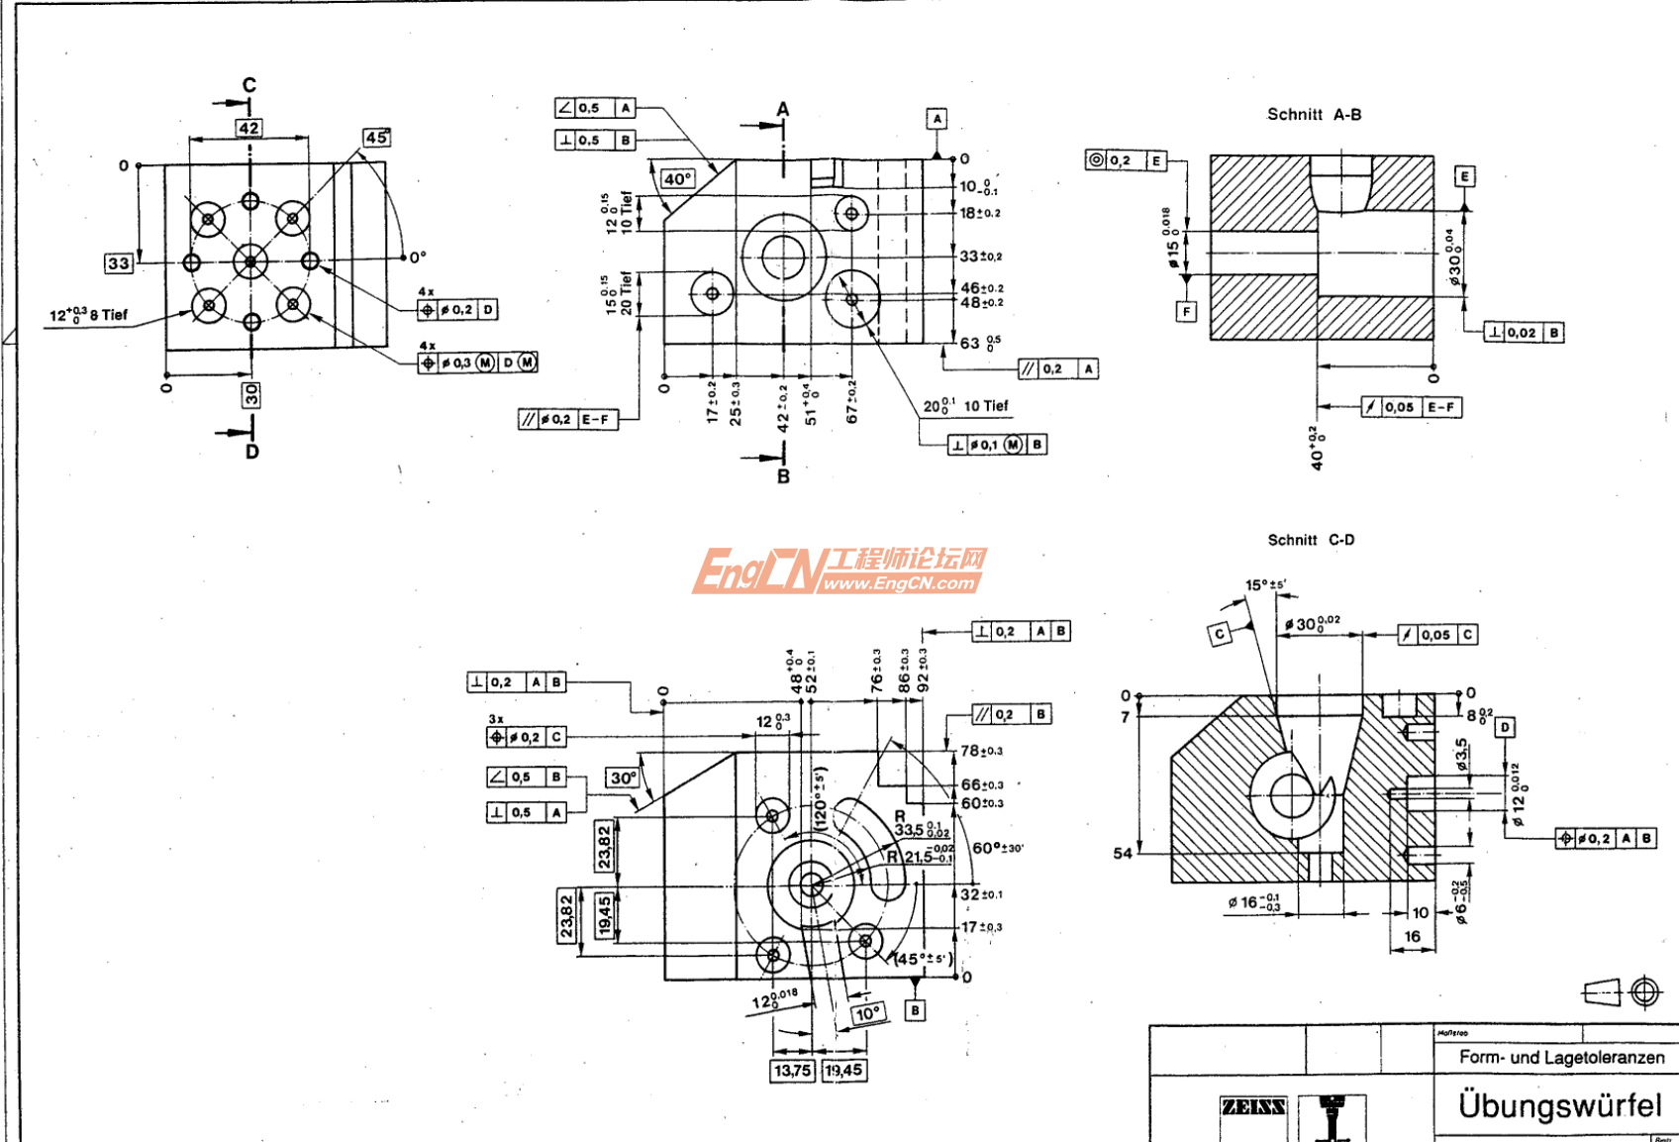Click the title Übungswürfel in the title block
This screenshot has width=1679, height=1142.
coord(1559,1105)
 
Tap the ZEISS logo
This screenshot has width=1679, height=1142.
coord(1252,1106)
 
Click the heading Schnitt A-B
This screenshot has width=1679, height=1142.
coord(1314,115)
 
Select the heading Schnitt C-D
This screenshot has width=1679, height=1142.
coord(1311,540)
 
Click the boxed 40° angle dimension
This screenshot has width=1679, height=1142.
coord(678,179)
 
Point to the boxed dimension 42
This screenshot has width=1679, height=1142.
coord(248,128)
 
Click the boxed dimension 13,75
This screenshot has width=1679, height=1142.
coord(792,1071)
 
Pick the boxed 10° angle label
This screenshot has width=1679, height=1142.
coord(867,1013)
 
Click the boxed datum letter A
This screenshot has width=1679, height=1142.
coord(937,119)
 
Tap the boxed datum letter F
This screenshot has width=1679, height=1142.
coord(1186,312)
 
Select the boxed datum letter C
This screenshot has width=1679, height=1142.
coord(1220,633)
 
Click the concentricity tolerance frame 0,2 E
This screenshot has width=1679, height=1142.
coord(1126,160)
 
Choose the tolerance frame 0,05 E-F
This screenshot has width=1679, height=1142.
coord(1411,407)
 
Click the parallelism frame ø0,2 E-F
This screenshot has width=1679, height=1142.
coord(567,420)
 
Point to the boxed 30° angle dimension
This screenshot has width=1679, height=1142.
coord(623,778)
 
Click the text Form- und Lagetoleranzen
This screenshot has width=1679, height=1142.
coord(1561,1057)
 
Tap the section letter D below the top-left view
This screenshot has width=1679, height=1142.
coord(251,452)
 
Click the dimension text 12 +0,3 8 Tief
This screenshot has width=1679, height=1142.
coord(89,315)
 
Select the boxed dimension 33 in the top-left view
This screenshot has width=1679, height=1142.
coord(119,263)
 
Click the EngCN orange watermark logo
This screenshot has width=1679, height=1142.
coord(839,571)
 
